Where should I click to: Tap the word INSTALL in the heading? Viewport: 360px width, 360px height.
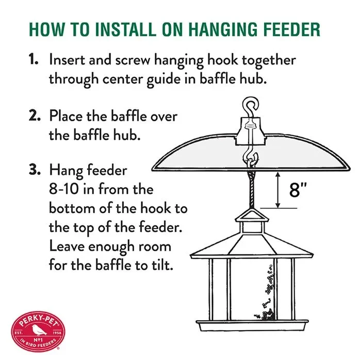(126, 29)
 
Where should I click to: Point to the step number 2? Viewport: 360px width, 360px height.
(35, 115)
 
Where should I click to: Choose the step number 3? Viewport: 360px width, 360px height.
(35, 170)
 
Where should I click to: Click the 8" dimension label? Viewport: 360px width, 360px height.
(298, 190)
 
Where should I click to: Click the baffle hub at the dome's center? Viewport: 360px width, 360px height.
(251, 132)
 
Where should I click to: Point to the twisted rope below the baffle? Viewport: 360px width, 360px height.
(252, 189)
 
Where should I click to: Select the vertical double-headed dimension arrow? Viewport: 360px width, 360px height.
(278, 190)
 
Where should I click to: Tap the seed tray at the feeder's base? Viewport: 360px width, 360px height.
(252, 325)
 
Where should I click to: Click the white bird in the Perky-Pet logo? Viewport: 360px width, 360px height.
(38, 330)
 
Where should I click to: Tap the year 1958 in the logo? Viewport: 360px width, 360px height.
(57, 333)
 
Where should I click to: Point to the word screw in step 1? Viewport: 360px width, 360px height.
(133, 60)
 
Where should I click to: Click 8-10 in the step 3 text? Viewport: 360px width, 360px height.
(63, 189)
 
